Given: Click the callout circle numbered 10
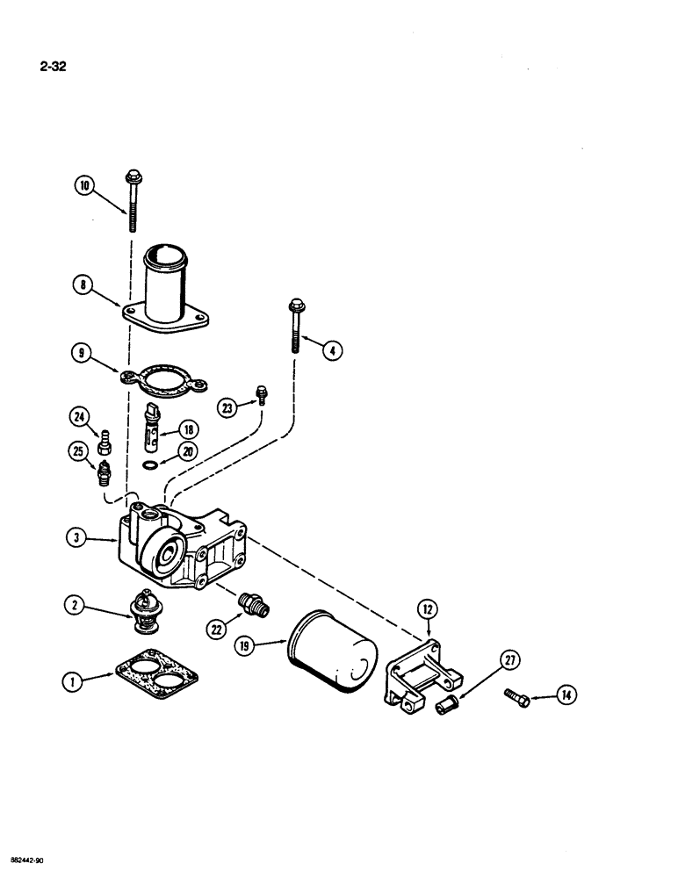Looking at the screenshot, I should (x=83, y=185).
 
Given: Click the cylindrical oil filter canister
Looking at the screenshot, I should (x=331, y=651).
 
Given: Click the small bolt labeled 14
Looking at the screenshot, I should (x=516, y=694).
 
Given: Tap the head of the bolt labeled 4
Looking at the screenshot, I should (x=292, y=307).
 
